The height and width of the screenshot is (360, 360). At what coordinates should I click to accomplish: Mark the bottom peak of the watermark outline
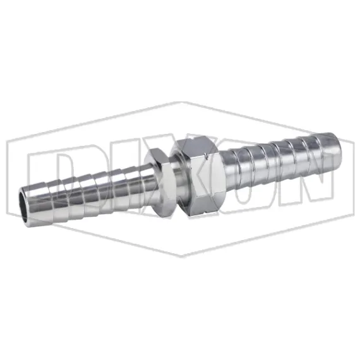tap(181, 256)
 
